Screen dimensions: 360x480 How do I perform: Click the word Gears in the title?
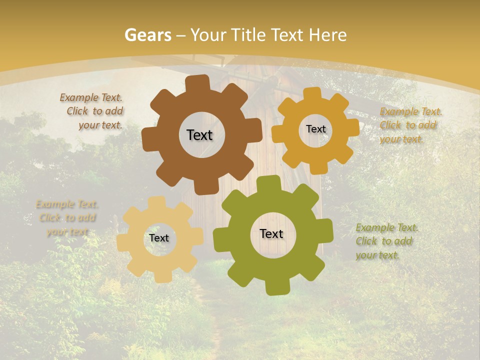tap(147, 35)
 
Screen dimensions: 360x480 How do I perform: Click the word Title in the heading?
tap(248, 35)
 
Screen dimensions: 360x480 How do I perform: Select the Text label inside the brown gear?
tap(199, 135)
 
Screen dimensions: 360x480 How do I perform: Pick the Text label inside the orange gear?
tap(315, 129)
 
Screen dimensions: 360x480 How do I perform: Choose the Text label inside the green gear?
tap(271, 233)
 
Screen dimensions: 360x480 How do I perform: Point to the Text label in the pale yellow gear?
tap(159, 238)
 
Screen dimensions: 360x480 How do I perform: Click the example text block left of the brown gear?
tap(92, 111)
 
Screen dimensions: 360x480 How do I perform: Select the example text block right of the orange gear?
tap(410, 125)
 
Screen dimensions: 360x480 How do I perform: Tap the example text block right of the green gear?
tap(386, 241)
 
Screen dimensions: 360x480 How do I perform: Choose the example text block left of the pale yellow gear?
tap(67, 218)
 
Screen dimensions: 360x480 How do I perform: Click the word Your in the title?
tap(208, 35)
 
